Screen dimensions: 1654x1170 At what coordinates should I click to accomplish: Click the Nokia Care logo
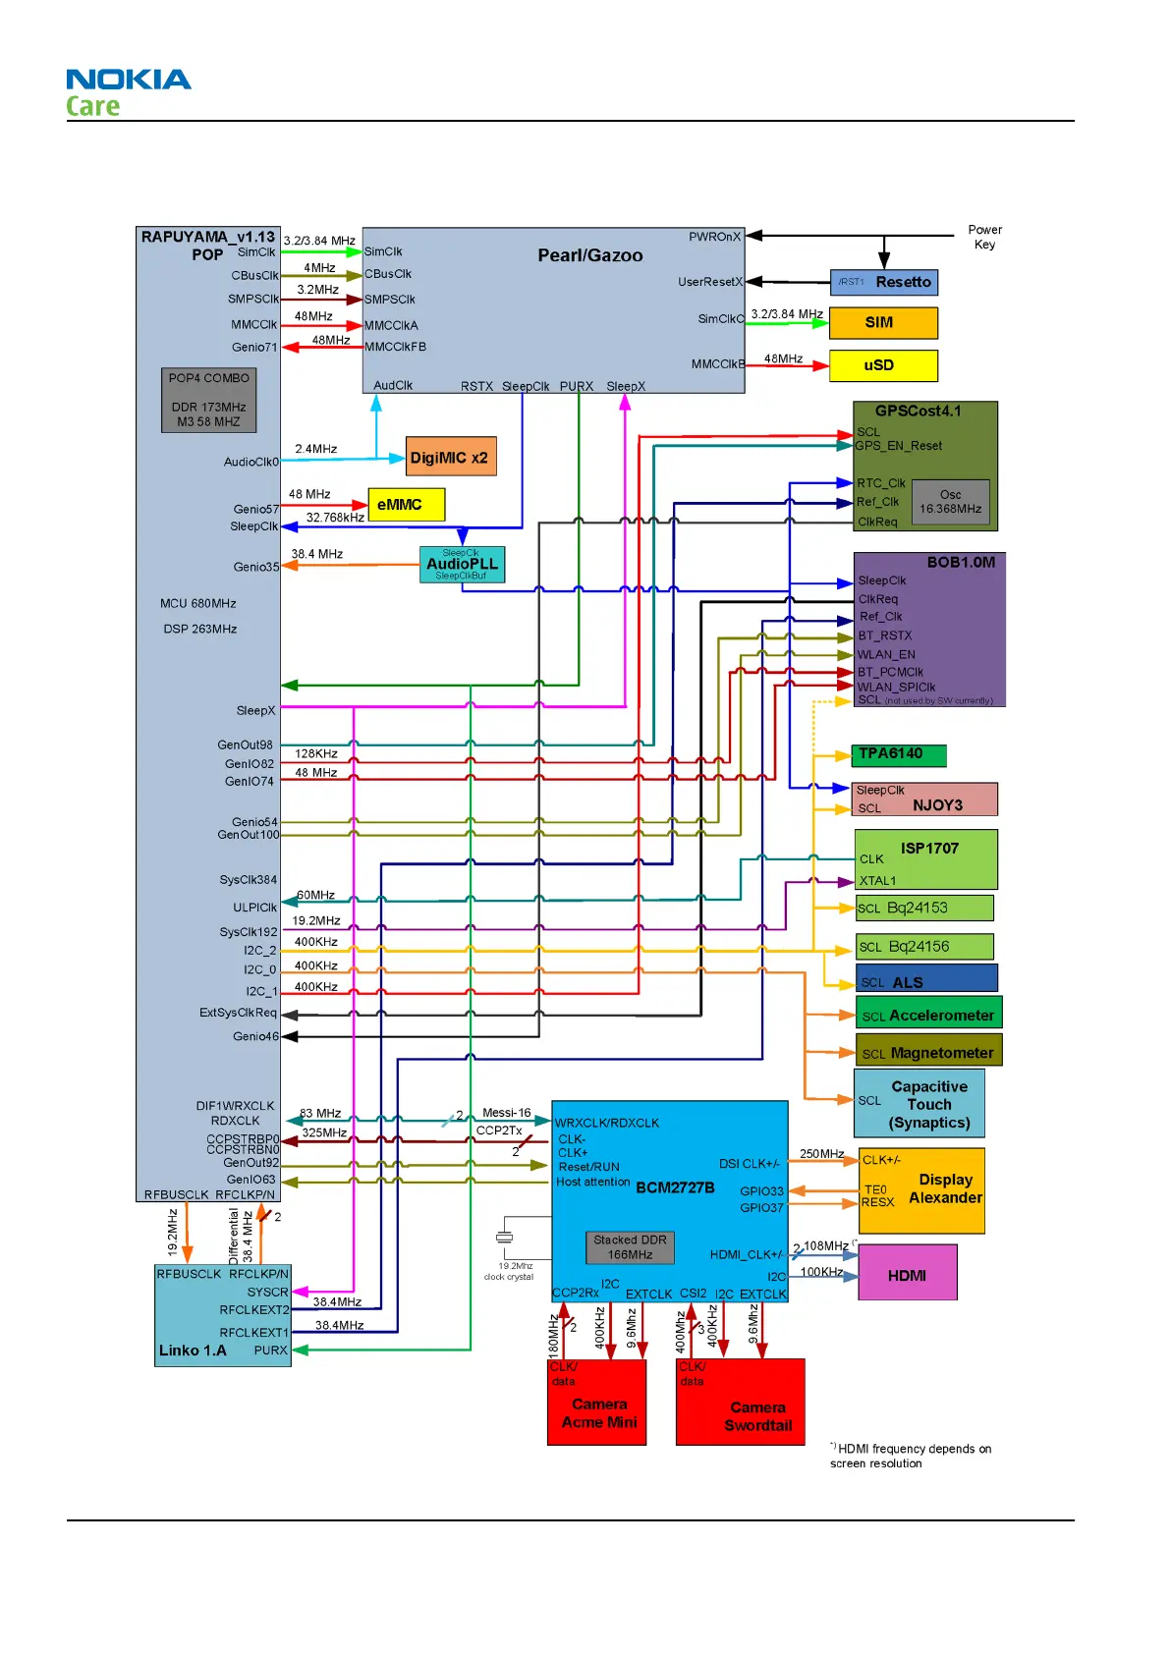128,92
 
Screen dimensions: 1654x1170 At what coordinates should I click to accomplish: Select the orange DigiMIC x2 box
451,457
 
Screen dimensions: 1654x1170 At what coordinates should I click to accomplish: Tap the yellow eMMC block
406,505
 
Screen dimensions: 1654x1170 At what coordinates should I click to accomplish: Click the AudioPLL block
462,565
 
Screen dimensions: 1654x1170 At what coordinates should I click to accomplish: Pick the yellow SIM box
882,323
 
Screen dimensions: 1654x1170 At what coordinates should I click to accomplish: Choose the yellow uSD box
882,365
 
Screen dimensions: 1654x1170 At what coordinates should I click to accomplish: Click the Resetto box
883,283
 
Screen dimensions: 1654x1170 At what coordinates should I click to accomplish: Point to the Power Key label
984,237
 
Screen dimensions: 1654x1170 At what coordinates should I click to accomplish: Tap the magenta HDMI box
907,1274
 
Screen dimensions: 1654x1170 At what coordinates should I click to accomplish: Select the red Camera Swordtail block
740,1403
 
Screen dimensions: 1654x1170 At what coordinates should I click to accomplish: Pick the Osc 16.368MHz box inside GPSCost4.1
950,503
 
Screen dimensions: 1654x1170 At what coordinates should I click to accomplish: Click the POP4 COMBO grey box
208,400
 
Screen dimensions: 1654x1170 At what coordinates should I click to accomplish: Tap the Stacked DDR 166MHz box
630,1247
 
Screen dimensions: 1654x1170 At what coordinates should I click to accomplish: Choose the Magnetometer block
928,1051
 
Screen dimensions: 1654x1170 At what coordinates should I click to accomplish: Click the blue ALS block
925,979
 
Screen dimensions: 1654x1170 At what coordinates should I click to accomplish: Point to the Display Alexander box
921,1190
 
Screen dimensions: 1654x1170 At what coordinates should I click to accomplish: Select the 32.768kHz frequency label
335,518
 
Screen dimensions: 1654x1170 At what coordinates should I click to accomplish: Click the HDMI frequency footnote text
911,1456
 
